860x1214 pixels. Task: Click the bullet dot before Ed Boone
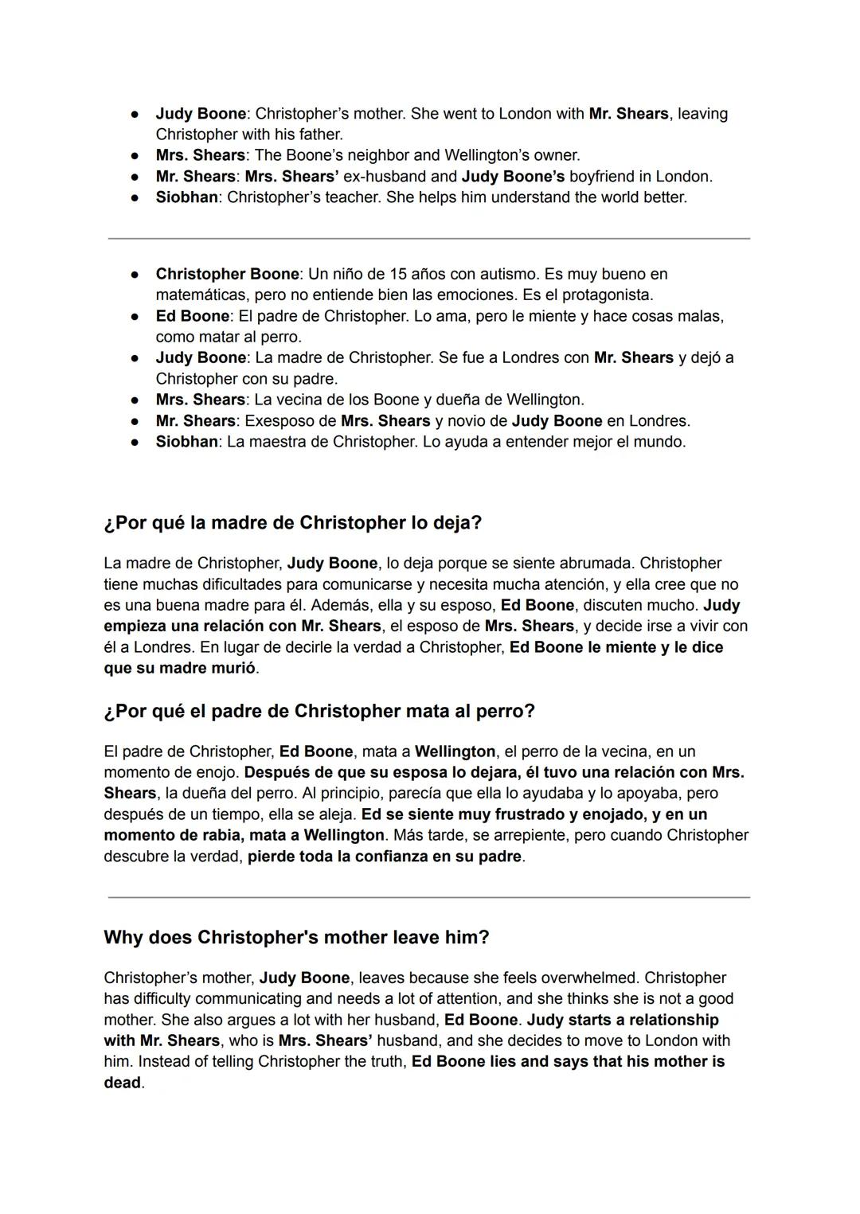tap(135, 316)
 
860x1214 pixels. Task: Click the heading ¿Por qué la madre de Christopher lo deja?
tap(292, 523)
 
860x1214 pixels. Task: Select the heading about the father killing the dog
tap(319, 711)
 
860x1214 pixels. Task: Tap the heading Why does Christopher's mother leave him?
tap(296, 937)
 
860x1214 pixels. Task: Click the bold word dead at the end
tap(122, 1083)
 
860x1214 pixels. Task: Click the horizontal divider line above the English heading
tap(428, 897)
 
